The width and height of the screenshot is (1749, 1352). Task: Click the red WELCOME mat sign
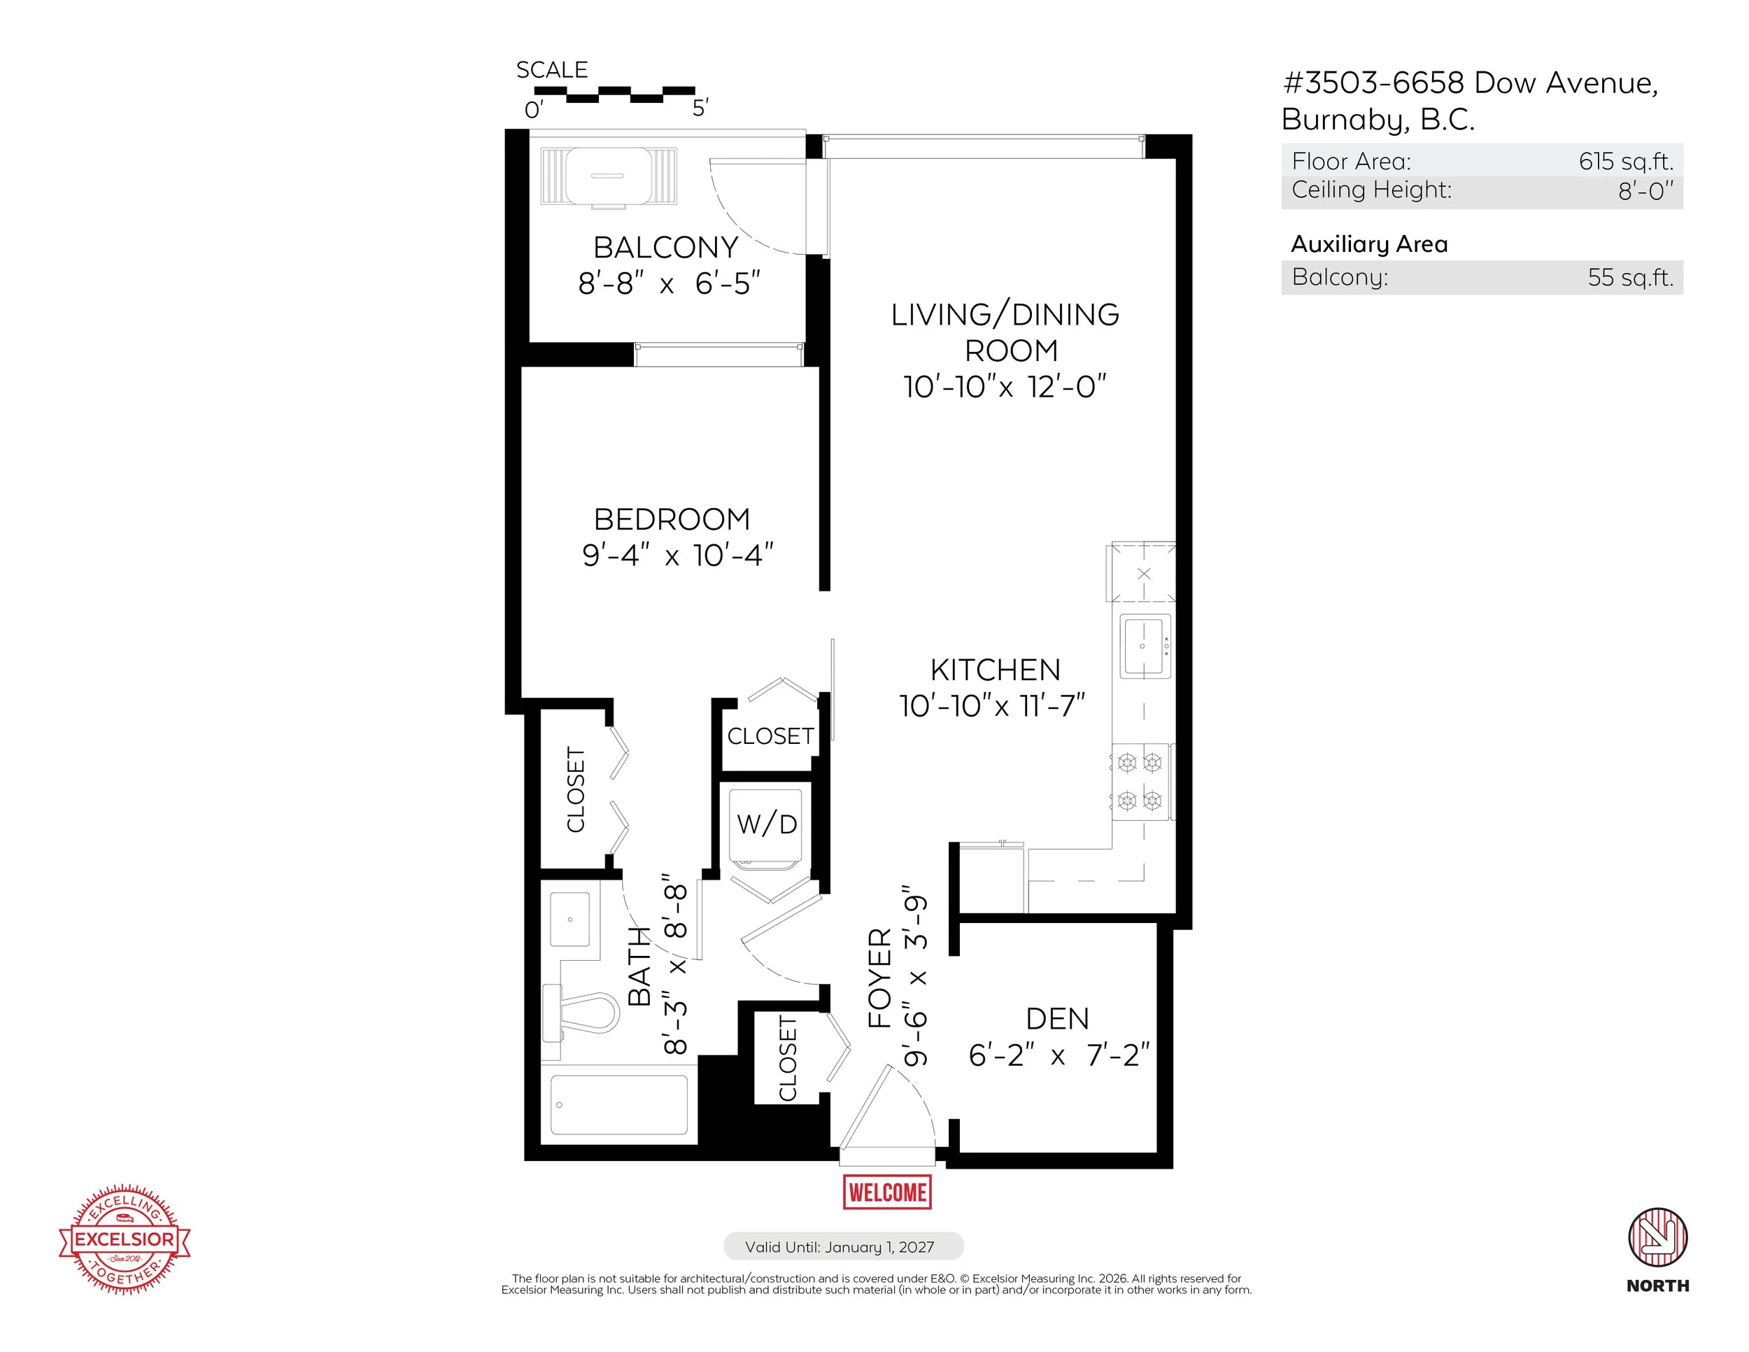pyautogui.click(x=887, y=1192)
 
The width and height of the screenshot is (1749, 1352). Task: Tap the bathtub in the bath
pyautogui.click(x=619, y=1104)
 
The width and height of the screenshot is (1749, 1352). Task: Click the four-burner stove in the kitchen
pyautogui.click(x=1140, y=782)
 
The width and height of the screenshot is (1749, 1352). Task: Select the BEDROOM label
pyautogui.click(x=672, y=520)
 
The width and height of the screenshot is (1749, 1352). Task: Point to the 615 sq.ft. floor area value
pyautogui.click(x=1626, y=161)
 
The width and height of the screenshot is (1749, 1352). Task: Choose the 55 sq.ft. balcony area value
pyautogui.click(x=1631, y=277)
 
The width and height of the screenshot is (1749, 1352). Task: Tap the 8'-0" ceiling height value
pyautogui.click(x=1645, y=190)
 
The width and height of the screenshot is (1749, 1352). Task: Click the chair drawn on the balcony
pyautogui.click(x=609, y=177)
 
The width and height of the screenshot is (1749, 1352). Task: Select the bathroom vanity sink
pyautogui.click(x=570, y=920)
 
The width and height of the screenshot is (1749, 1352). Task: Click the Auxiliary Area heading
pyautogui.click(x=1369, y=244)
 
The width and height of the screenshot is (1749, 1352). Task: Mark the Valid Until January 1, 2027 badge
pyautogui.click(x=843, y=1247)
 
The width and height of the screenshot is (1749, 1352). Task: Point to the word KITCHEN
pyautogui.click(x=996, y=670)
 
